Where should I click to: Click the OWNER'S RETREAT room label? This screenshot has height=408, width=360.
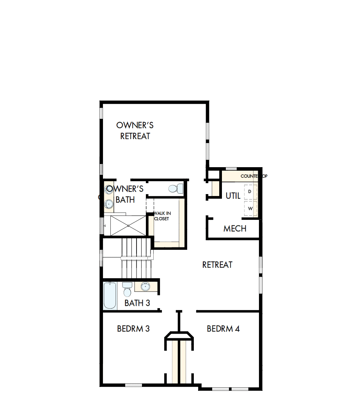135,131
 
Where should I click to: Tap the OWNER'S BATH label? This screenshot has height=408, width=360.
125,194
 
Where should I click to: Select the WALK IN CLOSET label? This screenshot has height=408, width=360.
161,216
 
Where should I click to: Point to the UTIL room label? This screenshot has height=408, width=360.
233,196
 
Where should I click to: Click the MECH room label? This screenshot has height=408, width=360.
235,228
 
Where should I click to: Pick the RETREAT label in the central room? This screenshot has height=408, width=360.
217,265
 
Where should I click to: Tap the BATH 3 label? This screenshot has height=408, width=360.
137,303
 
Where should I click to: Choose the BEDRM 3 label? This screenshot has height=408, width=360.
133,329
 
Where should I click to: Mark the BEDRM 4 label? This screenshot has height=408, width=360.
223,329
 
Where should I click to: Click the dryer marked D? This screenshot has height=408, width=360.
250,192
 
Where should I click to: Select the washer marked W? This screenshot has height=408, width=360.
250,208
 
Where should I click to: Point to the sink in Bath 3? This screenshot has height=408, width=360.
145,287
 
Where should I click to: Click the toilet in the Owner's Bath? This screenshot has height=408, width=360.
176,189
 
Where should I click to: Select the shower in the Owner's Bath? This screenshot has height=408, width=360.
128,225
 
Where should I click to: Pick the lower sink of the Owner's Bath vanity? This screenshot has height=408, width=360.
108,203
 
